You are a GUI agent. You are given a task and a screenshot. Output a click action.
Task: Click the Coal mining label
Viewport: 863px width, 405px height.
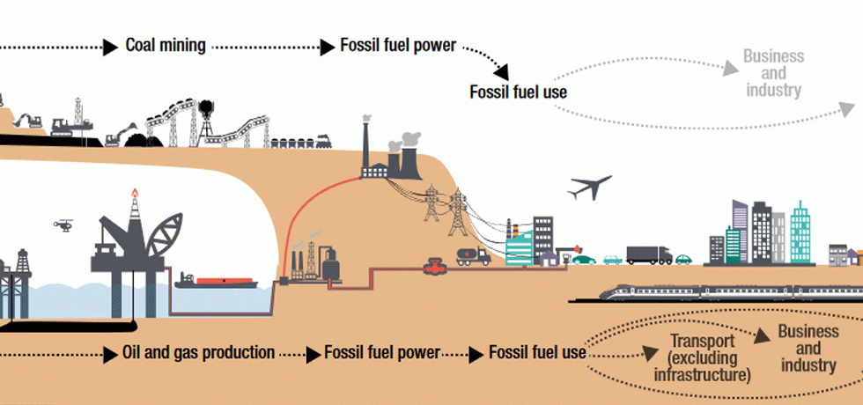(x=166, y=45)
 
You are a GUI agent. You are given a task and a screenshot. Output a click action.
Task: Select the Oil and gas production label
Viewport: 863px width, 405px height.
(x=199, y=353)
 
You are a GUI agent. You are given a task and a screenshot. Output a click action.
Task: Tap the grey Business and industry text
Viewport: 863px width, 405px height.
(x=773, y=73)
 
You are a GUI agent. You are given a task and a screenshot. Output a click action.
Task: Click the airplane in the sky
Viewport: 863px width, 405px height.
(x=590, y=187)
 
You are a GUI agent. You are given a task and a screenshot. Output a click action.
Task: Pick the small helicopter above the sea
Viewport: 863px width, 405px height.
(x=63, y=225)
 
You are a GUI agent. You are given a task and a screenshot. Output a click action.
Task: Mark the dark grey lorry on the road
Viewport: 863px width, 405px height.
(x=648, y=254)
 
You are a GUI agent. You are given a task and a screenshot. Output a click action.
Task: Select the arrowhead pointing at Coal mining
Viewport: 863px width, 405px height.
(x=110, y=46)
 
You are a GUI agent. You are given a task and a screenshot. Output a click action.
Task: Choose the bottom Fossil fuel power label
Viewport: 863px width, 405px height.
(x=381, y=353)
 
